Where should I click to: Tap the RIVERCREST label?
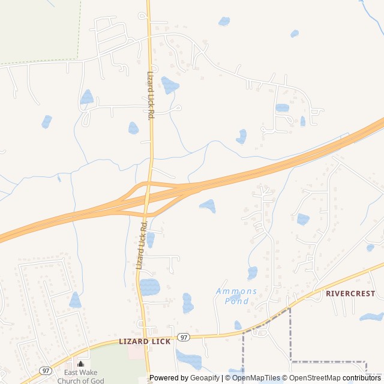click(350, 294)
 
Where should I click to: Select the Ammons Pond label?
click(236, 296)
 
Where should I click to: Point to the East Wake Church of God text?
click(80, 376)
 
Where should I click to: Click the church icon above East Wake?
click(80, 364)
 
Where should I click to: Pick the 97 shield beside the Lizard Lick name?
click(184, 338)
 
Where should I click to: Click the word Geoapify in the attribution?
click(204, 378)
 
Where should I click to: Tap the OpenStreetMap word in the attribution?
click(312, 378)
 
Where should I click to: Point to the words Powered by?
click(169, 378)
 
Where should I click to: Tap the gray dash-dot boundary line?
click(290, 336)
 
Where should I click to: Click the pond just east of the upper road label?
click(170, 85)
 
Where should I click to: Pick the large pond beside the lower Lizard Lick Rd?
click(150, 287)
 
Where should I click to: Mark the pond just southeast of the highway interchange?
click(208, 205)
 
